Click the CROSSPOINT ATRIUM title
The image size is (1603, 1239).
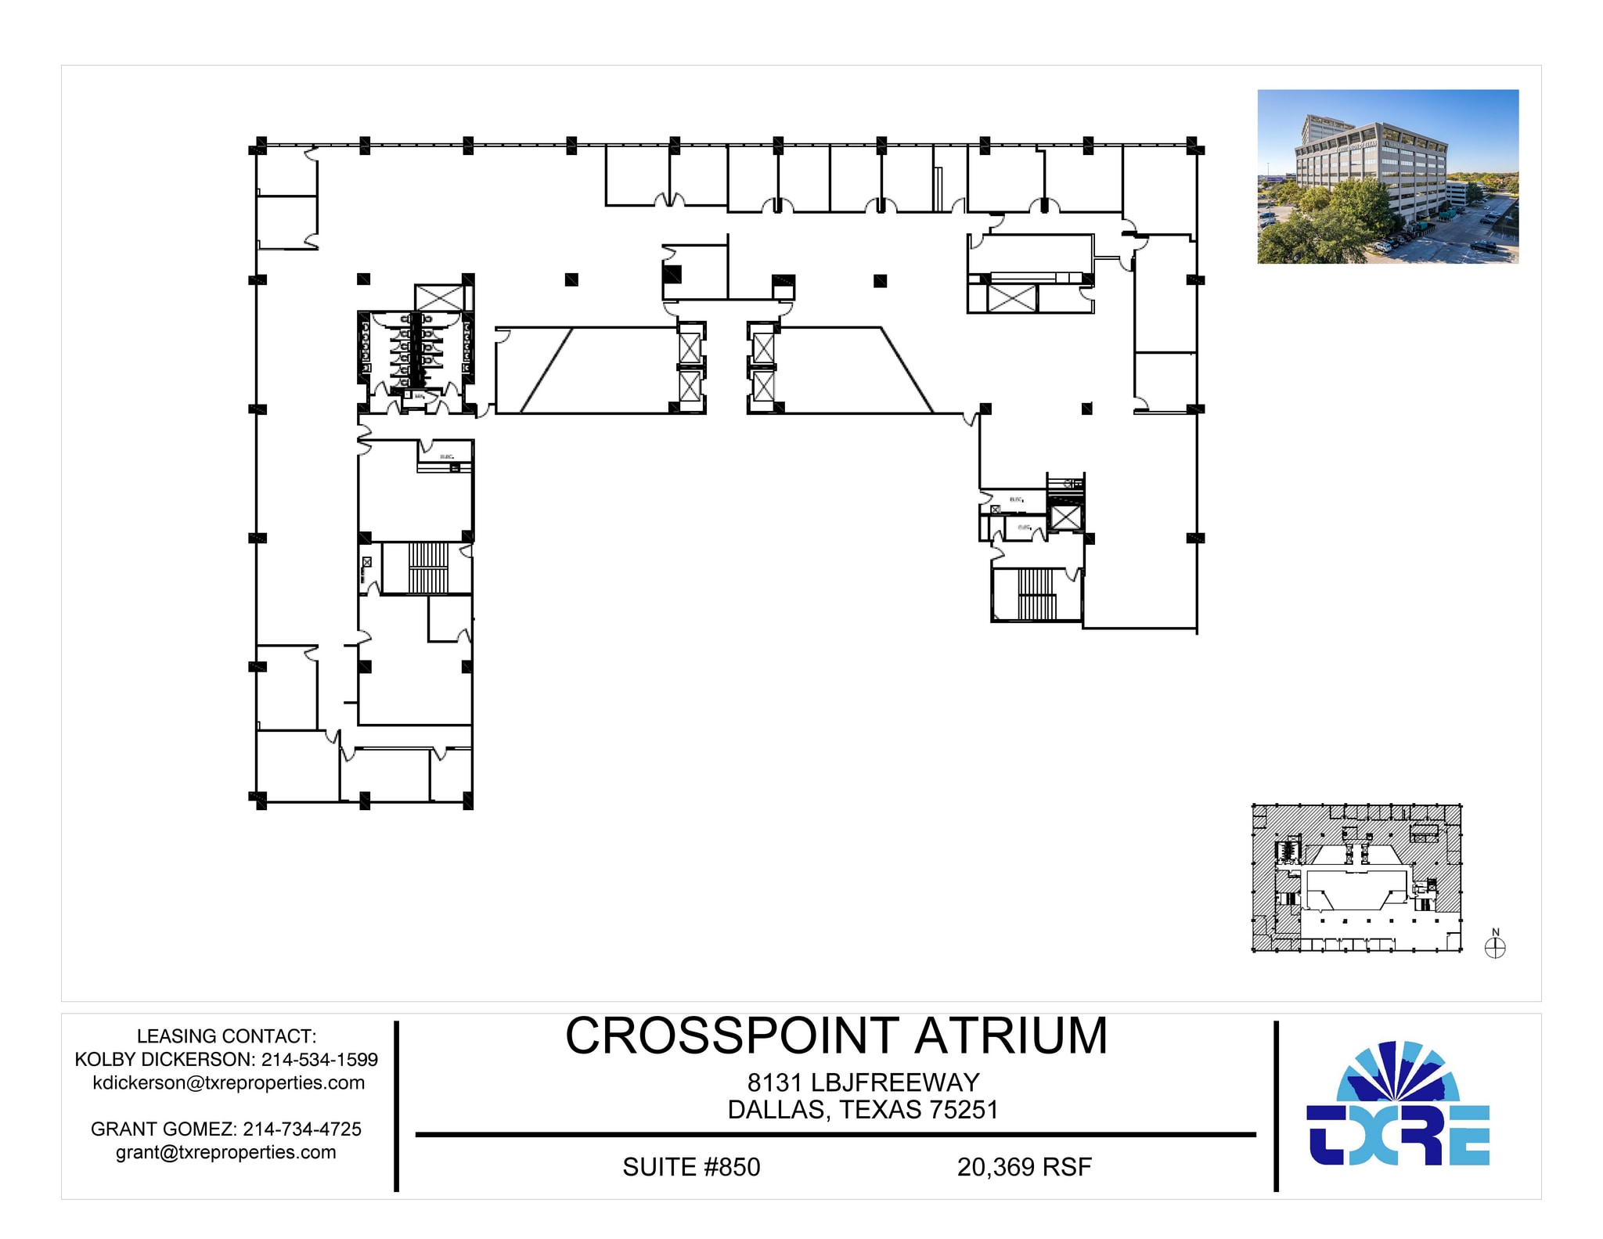pos(836,1036)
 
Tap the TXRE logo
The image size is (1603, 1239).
pos(1398,1104)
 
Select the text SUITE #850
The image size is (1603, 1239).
pos(690,1167)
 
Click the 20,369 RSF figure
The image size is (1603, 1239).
pos(1024,1167)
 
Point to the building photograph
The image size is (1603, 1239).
pos(1387,176)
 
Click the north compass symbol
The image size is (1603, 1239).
pos(1495,948)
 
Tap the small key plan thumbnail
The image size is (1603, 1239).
pos(1356,877)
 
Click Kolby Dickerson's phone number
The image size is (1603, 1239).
pos(319,1060)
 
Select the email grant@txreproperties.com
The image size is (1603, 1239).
pos(226,1152)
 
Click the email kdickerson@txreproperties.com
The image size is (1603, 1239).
pos(229,1082)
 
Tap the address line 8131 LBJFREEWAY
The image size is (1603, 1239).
pos(863,1082)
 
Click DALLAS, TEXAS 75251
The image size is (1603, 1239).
pos(863,1110)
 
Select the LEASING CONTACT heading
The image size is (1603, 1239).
pos(226,1036)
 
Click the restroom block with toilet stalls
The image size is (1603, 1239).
pos(416,349)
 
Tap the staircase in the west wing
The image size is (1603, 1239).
pos(427,567)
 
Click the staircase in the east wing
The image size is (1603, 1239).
pos(1036,594)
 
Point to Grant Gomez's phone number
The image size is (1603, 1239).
pos(302,1129)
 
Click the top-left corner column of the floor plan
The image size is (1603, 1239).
pos(259,146)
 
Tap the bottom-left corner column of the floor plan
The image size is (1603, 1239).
pos(259,800)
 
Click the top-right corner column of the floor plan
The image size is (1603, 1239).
pos(1194,146)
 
